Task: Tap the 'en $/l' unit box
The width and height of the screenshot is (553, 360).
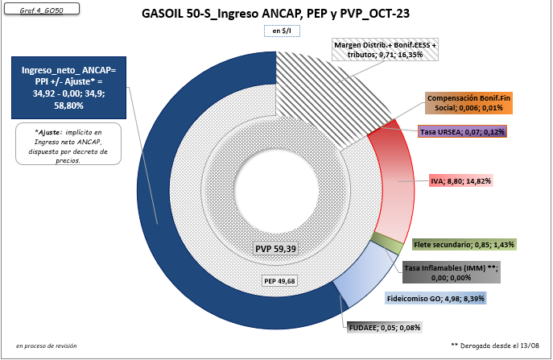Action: pyautogui.click(x=276, y=31)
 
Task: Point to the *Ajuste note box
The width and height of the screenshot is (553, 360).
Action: pyautogui.click(x=67, y=143)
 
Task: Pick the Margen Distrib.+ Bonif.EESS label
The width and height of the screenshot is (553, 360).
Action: pyautogui.click(x=386, y=51)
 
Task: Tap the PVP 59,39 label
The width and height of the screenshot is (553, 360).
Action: pyautogui.click(x=276, y=249)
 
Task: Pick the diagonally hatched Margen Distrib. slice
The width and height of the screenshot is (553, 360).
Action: pyautogui.click(x=322, y=89)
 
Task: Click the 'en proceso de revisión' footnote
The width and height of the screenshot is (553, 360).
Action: pyautogui.click(x=47, y=345)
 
